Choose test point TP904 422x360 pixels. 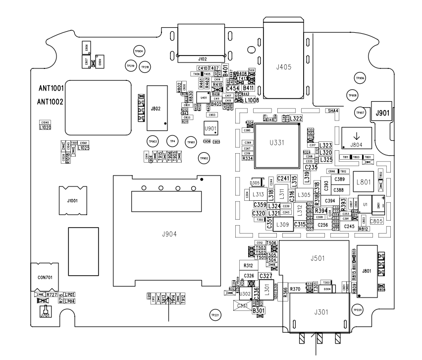pyautogui.click(x=139, y=51)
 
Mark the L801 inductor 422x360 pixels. pyautogui.click(x=361, y=182)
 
